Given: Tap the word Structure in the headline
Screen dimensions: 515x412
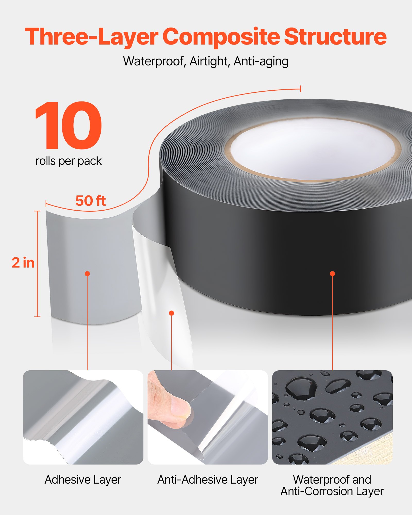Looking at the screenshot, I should (x=335, y=37).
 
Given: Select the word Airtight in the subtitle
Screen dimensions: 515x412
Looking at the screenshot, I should (x=209, y=62).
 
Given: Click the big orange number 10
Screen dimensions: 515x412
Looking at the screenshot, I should (x=68, y=125).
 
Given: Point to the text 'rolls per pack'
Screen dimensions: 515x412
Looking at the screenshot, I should (x=68, y=161).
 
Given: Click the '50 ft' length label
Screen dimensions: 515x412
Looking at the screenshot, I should (x=90, y=201).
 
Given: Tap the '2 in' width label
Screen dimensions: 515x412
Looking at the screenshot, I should (x=23, y=263).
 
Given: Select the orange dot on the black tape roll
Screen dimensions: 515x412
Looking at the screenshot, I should (x=332, y=274).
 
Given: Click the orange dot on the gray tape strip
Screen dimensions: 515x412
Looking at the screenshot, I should (x=87, y=274).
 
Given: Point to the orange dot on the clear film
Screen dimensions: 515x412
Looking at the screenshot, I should (x=171, y=313).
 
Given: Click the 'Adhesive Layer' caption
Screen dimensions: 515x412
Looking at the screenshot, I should (x=83, y=480).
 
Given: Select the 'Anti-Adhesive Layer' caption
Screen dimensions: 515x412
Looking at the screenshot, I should (x=208, y=480).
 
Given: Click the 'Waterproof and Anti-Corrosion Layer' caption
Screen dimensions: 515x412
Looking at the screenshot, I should (x=332, y=485).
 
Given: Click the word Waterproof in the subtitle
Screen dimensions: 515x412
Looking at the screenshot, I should (x=154, y=62).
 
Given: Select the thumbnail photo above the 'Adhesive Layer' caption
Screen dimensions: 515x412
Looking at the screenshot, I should (x=83, y=417).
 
